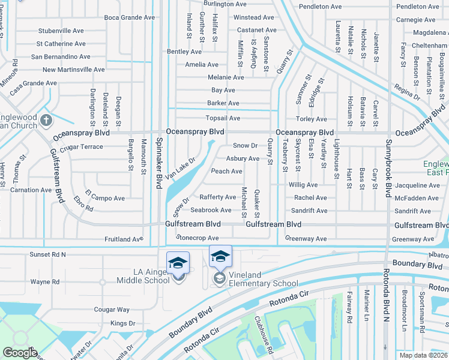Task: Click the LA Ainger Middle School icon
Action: coord(178,263)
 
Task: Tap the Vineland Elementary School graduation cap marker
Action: coord(220,257)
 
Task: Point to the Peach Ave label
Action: coord(226,172)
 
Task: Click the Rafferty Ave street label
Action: coord(218,197)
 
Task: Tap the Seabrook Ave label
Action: coord(211,210)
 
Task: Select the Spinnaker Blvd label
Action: coord(160,163)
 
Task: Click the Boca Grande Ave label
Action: coord(129,17)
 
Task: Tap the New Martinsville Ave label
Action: coord(74,70)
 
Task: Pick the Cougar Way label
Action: coord(111,310)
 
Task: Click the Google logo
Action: coord(19,353)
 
